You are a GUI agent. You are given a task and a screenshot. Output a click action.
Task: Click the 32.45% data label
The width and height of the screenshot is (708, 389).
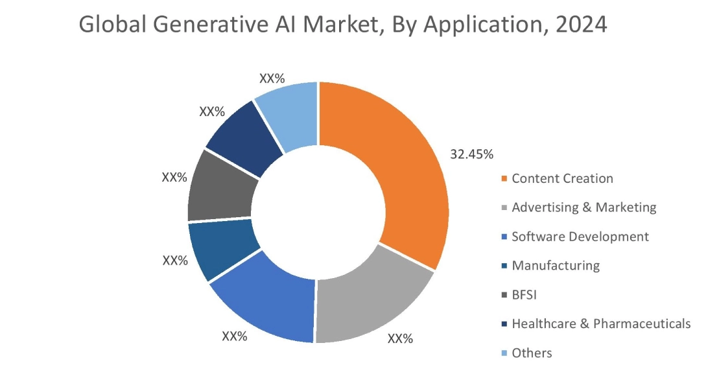tap(472, 154)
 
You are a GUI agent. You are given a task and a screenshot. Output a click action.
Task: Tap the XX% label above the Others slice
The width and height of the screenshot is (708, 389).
tap(272, 78)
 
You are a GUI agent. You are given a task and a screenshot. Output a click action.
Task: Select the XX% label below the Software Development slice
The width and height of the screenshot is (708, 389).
tap(235, 336)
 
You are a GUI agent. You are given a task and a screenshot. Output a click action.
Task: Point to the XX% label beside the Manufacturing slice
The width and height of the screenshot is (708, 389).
tap(174, 261)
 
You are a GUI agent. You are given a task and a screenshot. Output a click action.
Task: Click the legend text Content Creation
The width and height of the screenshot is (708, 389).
tap(562, 178)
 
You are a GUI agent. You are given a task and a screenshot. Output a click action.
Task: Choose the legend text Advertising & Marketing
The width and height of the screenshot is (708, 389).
tap(584, 207)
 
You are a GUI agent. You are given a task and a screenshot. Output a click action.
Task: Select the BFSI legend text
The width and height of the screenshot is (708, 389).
tap(525, 295)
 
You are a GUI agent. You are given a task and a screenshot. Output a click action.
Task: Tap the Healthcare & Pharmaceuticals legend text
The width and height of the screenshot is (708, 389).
tap(600, 324)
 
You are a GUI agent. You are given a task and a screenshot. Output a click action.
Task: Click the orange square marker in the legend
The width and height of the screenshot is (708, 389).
tap(504, 179)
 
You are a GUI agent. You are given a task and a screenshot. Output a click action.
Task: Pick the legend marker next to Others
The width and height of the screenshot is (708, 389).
tap(504, 353)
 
